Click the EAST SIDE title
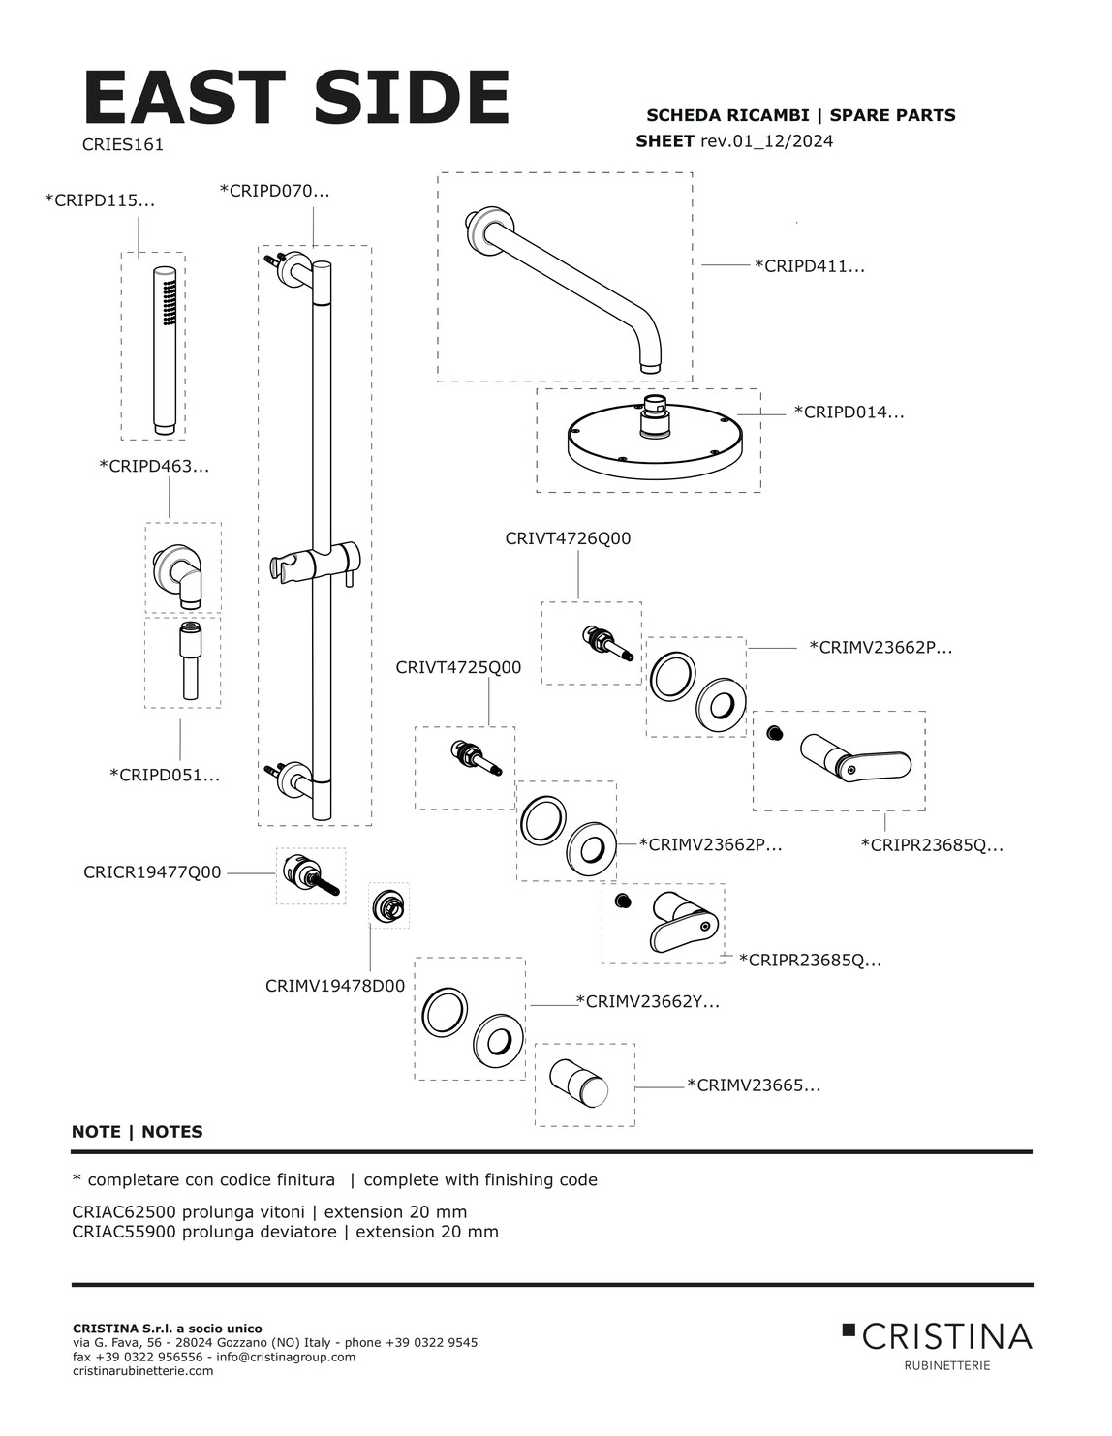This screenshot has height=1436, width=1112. pyautogui.click(x=296, y=98)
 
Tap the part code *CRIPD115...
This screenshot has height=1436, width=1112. pyautogui.click(x=100, y=200)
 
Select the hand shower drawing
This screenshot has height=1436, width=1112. pyautogui.click(x=167, y=347)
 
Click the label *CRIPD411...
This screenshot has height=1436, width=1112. pyautogui.click(x=809, y=265)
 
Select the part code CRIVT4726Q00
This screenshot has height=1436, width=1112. pyautogui.click(x=568, y=538)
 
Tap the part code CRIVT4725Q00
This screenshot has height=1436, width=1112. pyautogui.click(x=458, y=667)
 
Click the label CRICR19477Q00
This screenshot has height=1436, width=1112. pyautogui.click(x=152, y=872)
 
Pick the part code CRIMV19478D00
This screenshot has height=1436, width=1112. pyautogui.click(x=335, y=986)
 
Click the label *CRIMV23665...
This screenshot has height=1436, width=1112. pyautogui.click(x=754, y=1085)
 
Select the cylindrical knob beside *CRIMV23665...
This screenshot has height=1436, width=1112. pyautogui.click(x=580, y=1083)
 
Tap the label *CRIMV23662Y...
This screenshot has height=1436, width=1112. pyautogui.click(x=648, y=1002)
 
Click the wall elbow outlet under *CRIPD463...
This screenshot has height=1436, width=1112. pyautogui.click(x=181, y=572)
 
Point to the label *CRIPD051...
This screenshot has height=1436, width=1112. pyautogui.click(x=165, y=775)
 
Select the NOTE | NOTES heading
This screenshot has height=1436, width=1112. pyautogui.click(x=138, y=1131)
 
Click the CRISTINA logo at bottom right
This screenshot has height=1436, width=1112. pyautogui.click(x=938, y=1338)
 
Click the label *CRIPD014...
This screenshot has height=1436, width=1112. pyautogui.click(x=849, y=412)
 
